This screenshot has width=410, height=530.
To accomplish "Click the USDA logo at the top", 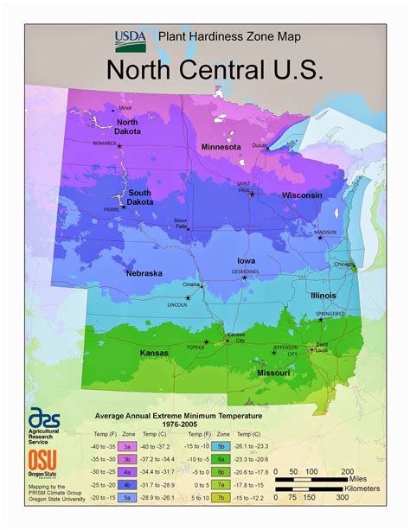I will [130, 39].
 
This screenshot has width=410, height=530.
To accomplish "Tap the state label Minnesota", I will [221, 147].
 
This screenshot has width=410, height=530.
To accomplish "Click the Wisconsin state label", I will [301, 195].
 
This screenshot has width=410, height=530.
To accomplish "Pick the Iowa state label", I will [247, 260].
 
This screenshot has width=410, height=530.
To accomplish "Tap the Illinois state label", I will [324, 296].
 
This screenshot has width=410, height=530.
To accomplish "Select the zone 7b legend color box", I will [221, 497].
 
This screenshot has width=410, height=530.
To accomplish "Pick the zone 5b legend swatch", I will [221, 446].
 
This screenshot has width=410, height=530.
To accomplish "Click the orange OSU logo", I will [41, 459].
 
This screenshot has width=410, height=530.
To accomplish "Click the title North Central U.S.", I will [214, 70].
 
